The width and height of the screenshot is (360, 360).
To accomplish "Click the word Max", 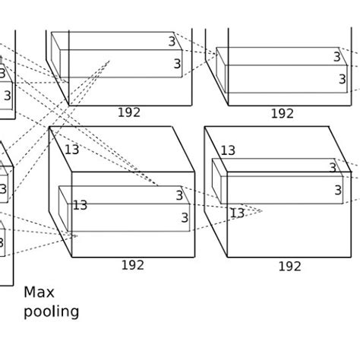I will (39, 292).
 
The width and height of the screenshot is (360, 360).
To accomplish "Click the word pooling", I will (51, 311).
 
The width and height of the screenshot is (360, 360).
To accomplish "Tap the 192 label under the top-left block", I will (129, 112).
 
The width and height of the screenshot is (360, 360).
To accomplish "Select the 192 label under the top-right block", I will (282, 113).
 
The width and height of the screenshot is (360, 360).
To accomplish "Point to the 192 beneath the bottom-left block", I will (133, 265).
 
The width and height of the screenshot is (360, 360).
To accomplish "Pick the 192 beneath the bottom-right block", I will (289, 267).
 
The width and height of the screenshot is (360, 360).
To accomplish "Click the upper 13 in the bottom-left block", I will (71, 150).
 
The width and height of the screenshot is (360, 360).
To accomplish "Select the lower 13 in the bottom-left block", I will (80, 205).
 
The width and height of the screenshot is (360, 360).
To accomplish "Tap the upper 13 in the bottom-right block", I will (228, 151).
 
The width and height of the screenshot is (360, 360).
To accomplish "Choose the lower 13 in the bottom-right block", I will (237, 213).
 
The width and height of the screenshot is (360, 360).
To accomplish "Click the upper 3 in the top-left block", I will (172, 42).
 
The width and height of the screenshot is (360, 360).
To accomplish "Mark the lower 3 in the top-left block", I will (178, 65).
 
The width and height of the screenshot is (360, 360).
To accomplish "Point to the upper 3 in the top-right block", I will (336, 57).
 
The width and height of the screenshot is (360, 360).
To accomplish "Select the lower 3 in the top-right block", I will (342, 79).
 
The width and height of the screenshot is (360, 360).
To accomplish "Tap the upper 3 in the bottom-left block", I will (179, 195).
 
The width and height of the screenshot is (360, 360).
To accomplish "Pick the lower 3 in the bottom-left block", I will (184, 218).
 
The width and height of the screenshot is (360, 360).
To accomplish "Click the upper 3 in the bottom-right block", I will (333, 168).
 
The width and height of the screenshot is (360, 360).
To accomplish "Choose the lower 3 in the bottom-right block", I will (338, 191).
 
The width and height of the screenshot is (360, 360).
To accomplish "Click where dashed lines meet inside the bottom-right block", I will (261, 210).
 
